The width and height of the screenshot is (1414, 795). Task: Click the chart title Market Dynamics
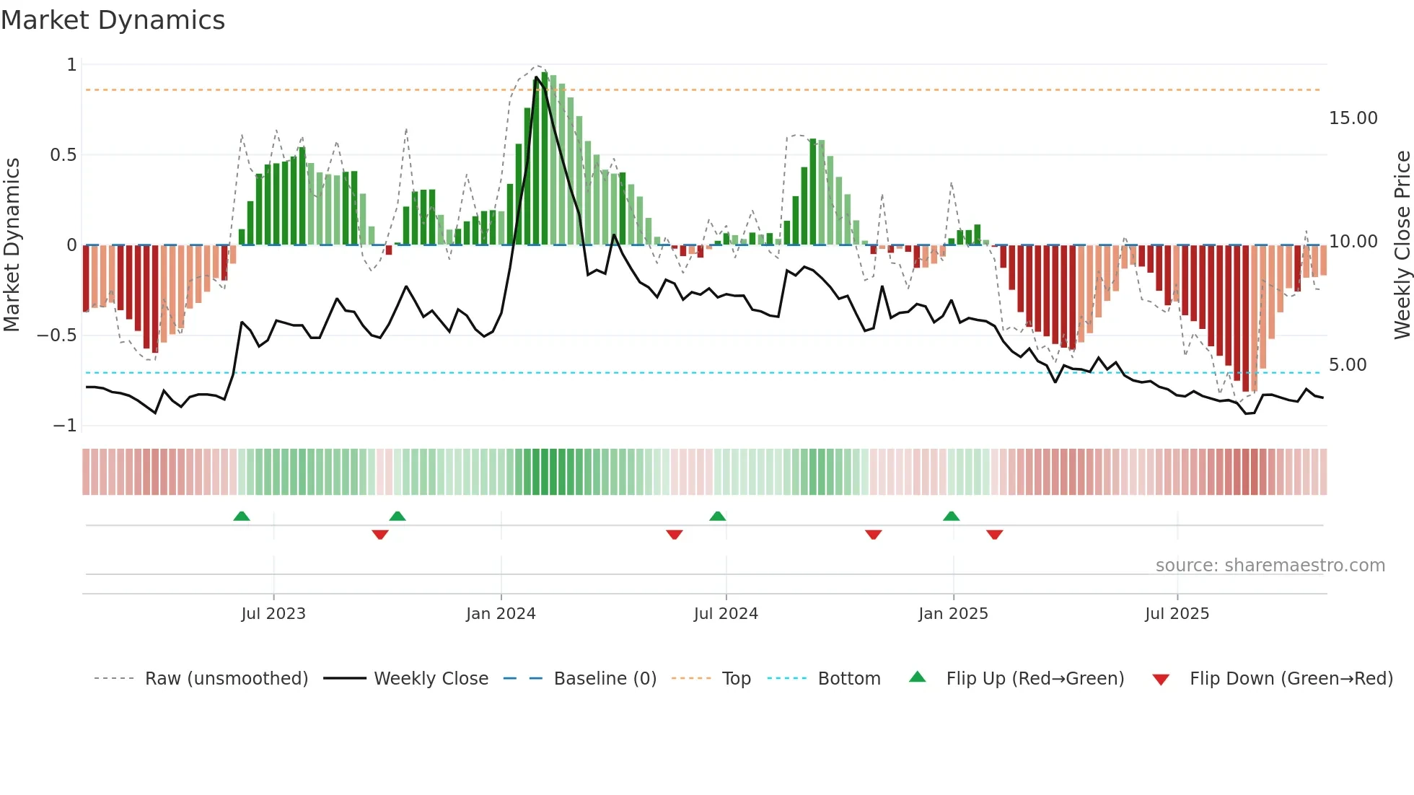(113, 20)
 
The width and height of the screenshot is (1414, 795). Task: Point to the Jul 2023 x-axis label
(273, 614)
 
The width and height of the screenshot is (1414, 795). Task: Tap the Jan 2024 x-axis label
(501, 614)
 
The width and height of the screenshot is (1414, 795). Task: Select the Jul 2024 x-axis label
(726, 614)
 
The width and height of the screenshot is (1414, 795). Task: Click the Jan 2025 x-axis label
(953, 614)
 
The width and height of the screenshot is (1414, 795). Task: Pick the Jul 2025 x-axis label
(1177, 614)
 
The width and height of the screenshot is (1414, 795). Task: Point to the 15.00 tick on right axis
(1353, 118)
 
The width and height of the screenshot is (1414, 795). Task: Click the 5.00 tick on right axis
(1348, 365)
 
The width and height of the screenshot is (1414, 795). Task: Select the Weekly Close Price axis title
(1402, 245)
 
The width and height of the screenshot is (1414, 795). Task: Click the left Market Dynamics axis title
(12, 245)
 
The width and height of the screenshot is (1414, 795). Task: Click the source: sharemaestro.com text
(1270, 566)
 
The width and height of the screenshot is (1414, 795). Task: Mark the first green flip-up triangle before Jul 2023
(242, 517)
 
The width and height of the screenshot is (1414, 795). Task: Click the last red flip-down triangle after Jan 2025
(994, 535)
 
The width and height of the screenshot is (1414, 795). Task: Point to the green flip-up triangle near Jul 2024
(717, 517)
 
